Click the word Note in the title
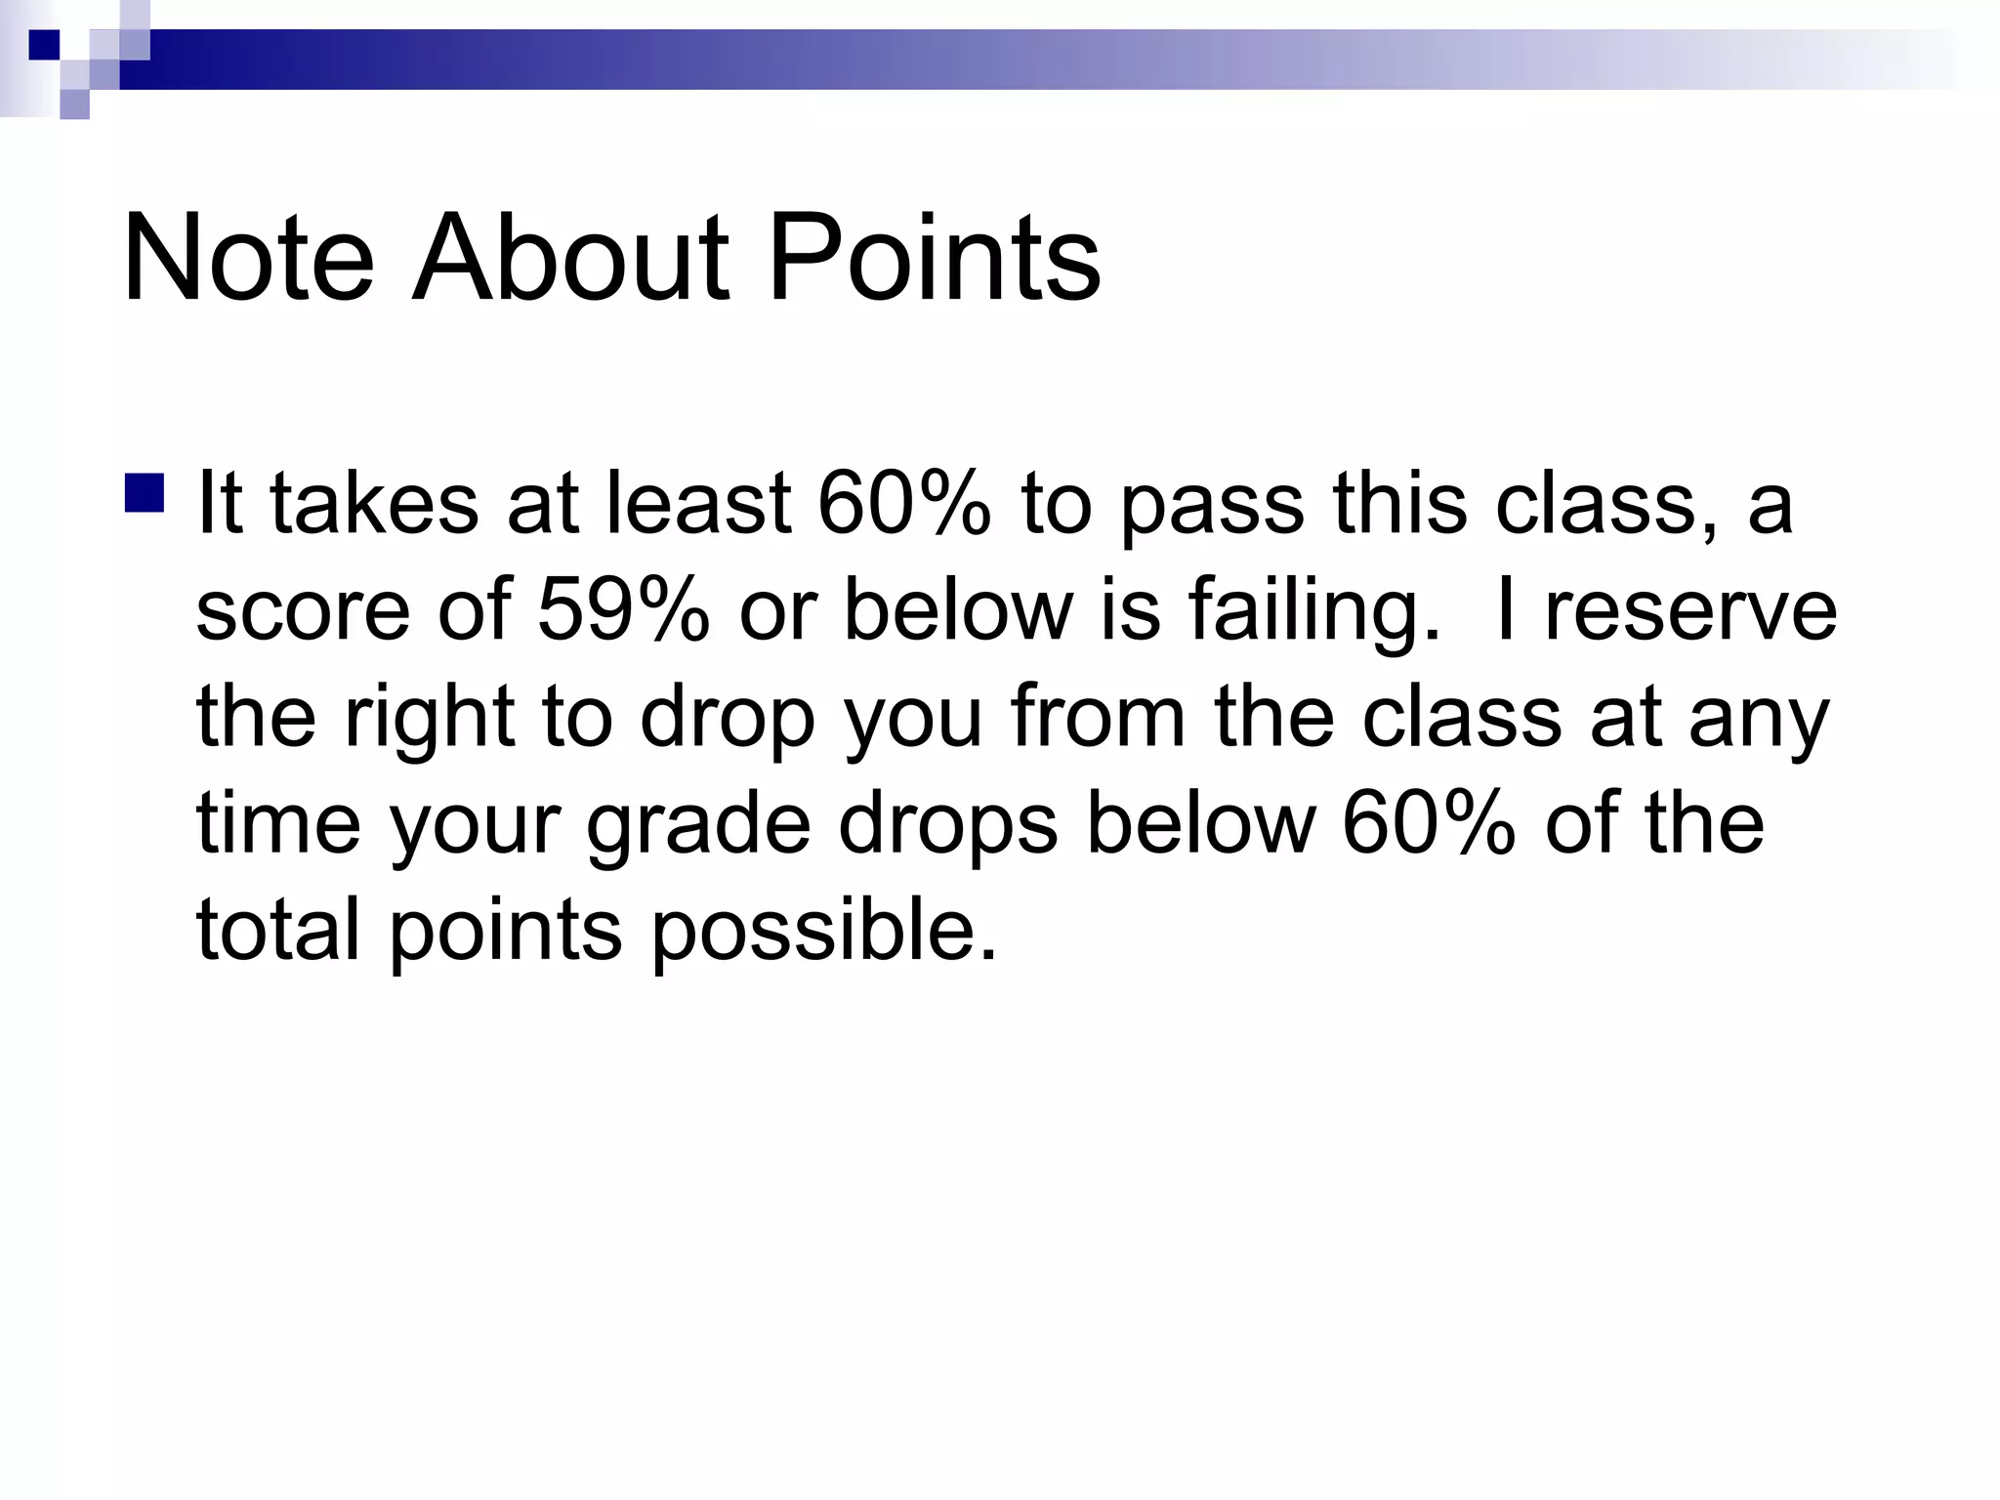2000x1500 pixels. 248,258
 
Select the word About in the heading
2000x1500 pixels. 570,258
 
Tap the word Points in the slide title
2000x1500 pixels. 935,258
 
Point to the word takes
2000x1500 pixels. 374,504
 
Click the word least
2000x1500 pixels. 698,504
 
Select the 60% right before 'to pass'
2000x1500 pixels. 903,504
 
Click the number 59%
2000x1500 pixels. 623,610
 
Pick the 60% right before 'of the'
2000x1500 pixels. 1429,822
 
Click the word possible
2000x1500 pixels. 823,930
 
